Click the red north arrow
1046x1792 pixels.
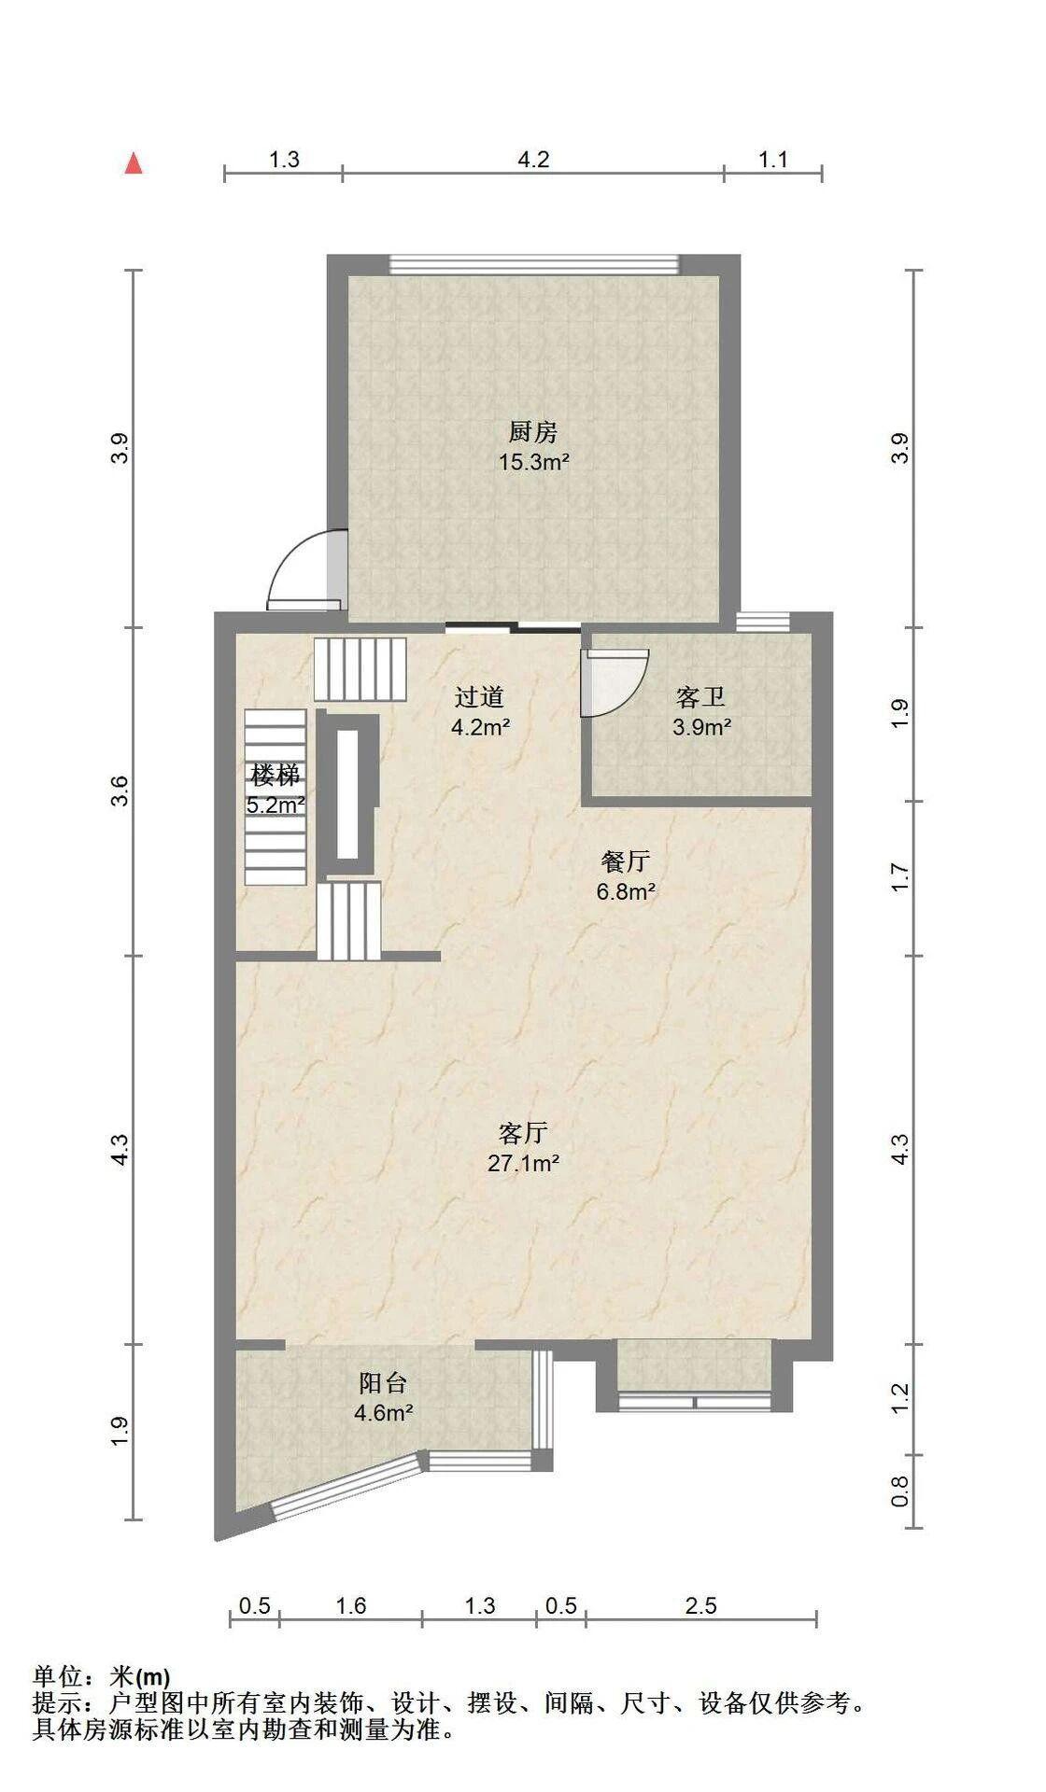pos(134,163)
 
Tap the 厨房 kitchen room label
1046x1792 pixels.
pos(533,432)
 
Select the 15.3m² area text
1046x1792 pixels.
pos(534,461)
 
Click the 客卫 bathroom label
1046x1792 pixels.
pos(700,697)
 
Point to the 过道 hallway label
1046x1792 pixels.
pos(480,697)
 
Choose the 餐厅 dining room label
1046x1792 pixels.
pos(626,861)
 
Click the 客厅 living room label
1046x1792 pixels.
pos(523,1133)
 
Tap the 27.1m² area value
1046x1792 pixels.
pos(523,1163)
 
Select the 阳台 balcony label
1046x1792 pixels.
pos(384,1382)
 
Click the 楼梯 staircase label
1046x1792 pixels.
pos(276,775)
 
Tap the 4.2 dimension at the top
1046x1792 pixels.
pos(533,160)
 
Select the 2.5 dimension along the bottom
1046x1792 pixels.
pos(700,1605)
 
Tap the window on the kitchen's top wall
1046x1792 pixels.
pos(534,264)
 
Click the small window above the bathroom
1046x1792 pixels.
pos(762,622)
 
